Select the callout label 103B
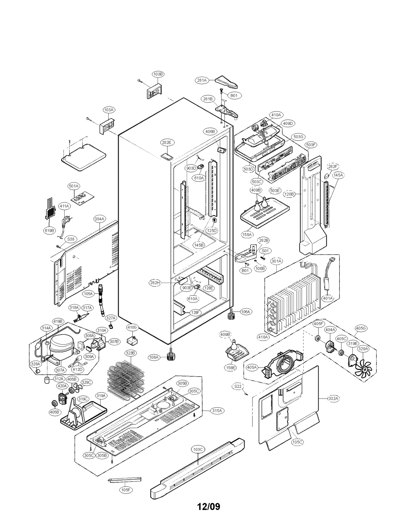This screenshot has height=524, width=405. point(158,74)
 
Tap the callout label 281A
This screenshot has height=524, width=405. point(202,80)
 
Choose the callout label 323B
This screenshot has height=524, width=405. point(131,353)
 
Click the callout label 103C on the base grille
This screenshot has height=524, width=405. point(198,449)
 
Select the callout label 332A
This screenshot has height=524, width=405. point(333,399)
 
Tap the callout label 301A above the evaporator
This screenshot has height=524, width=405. point(276,261)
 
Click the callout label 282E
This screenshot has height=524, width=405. point(166,142)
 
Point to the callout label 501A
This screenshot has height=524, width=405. point(74,186)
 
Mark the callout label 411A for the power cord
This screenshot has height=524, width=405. point(64,206)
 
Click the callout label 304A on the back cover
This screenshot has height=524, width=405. point(99,219)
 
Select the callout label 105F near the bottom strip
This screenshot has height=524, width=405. point(126,490)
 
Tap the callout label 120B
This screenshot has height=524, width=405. point(289,194)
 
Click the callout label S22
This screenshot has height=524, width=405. point(238,386)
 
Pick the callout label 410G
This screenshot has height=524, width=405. point(132,327)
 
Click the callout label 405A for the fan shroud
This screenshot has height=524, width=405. point(252,367)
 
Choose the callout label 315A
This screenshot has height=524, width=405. point(217,411)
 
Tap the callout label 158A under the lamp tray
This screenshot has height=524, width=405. point(247,235)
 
